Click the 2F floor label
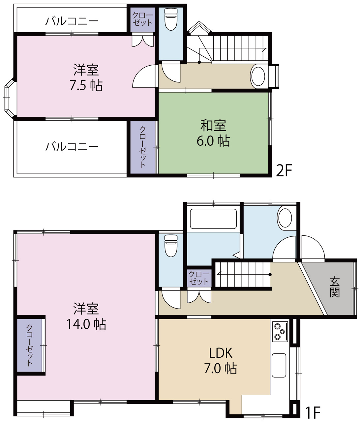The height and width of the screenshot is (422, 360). click(x=284, y=170)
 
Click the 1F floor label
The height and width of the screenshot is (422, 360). click(x=313, y=412)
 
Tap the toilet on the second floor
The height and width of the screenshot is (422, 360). click(x=171, y=19)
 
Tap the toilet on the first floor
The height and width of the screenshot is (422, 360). click(x=171, y=246)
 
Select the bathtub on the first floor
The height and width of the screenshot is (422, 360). click(x=213, y=219)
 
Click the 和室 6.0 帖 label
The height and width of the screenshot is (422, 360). click(x=213, y=134)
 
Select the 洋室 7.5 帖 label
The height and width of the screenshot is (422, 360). click(x=86, y=77)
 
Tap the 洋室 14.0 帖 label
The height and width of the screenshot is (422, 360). click(x=86, y=316)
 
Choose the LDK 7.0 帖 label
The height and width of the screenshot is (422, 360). click(x=221, y=361)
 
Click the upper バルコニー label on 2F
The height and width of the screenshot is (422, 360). click(x=72, y=21)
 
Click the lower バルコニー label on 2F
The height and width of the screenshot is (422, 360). click(x=72, y=147)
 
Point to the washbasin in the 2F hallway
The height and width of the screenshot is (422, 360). click(x=258, y=76)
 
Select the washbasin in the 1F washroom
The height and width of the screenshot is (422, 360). click(x=285, y=218)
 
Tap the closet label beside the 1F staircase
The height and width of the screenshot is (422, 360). click(x=199, y=278)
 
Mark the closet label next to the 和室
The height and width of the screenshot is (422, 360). click(x=142, y=147)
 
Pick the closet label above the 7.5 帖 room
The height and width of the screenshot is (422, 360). click(x=142, y=19)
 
